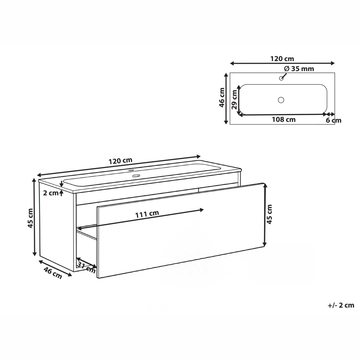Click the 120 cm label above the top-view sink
[x=282, y=59]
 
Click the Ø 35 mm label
[x=299, y=69]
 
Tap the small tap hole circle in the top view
[x=281, y=78]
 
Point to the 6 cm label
[x=333, y=120]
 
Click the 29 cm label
[x=234, y=100]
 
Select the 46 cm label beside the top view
[x=222, y=98]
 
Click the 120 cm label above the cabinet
[x=120, y=161]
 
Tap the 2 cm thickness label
[x=51, y=193]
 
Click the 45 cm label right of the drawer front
[x=269, y=214]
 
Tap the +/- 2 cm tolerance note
[x=341, y=305]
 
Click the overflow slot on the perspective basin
[x=136, y=176]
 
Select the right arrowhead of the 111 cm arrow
[x=202, y=209]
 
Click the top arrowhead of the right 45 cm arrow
[x=265, y=185]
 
